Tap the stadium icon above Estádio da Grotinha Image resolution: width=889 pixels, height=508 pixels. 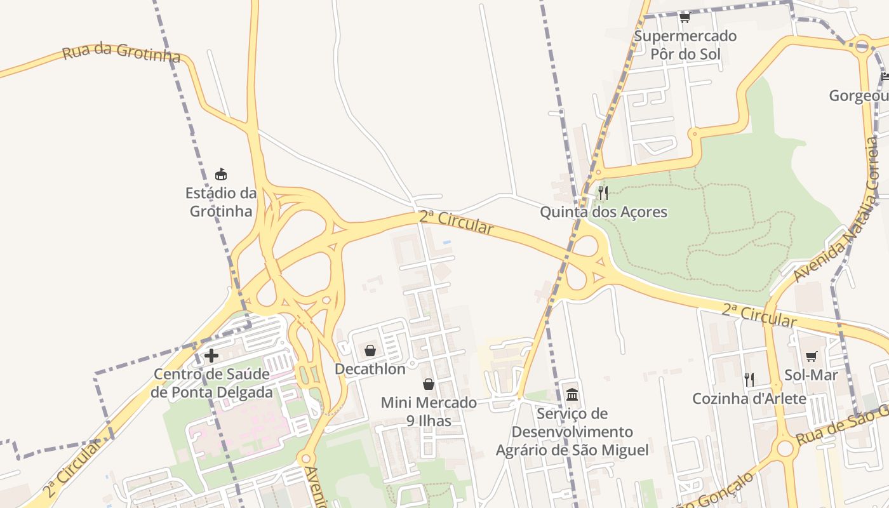(221, 173)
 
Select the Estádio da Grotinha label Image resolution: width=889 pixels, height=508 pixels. (221, 201)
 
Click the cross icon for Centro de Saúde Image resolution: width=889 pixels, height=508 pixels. (211, 356)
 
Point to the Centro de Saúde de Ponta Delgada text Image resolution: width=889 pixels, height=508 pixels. (212, 383)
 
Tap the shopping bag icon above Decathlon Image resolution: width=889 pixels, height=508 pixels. (370, 351)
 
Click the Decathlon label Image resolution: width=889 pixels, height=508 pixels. (370, 369)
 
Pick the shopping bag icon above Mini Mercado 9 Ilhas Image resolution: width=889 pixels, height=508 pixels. (429, 384)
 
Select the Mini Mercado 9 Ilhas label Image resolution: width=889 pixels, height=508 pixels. (429, 411)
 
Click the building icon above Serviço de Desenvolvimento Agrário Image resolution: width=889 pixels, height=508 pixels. (572, 395)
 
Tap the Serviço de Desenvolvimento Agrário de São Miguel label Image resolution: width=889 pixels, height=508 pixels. (572, 432)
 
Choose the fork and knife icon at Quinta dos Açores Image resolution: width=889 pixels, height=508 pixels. (603, 192)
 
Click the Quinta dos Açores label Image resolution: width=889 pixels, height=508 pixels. (603, 211)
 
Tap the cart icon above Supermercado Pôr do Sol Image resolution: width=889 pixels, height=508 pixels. (685, 17)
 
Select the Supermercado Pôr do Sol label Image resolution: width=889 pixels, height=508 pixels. (685, 44)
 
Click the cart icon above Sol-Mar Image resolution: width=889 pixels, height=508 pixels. (811, 356)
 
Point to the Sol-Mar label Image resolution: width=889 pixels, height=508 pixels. (811, 375)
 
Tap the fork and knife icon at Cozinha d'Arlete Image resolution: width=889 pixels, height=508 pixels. (749, 380)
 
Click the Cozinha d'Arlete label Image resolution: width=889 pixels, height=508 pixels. (749, 399)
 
